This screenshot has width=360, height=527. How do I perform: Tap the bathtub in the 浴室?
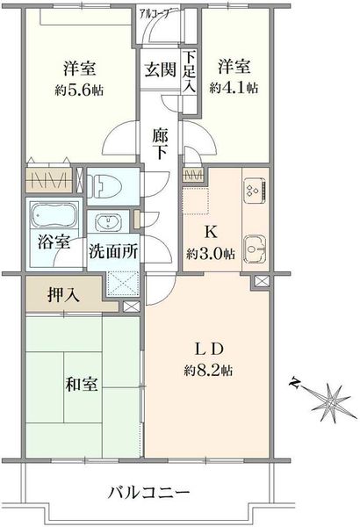click(x=54, y=214)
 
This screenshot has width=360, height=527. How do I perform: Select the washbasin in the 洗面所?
click(x=108, y=221)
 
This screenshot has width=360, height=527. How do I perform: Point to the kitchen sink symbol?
click(x=255, y=249)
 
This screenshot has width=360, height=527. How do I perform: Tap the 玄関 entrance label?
click(x=161, y=69)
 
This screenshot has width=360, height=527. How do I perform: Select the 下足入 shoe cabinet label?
click(x=190, y=72)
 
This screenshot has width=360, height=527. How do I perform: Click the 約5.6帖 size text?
click(x=79, y=90)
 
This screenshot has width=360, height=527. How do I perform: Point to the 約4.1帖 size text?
click(x=234, y=88)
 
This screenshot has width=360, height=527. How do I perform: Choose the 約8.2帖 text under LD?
click(x=208, y=371)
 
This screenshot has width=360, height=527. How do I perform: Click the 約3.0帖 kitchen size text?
click(x=211, y=255)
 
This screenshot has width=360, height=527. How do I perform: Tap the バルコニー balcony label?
click(x=149, y=493)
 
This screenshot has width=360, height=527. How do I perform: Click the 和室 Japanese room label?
click(x=82, y=384)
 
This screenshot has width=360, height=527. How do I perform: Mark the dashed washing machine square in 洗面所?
click(x=122, y=284)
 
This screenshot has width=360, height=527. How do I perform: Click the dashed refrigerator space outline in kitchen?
click(x=196, y=201)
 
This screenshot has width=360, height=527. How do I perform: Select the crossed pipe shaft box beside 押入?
click(x=131, y=307)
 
